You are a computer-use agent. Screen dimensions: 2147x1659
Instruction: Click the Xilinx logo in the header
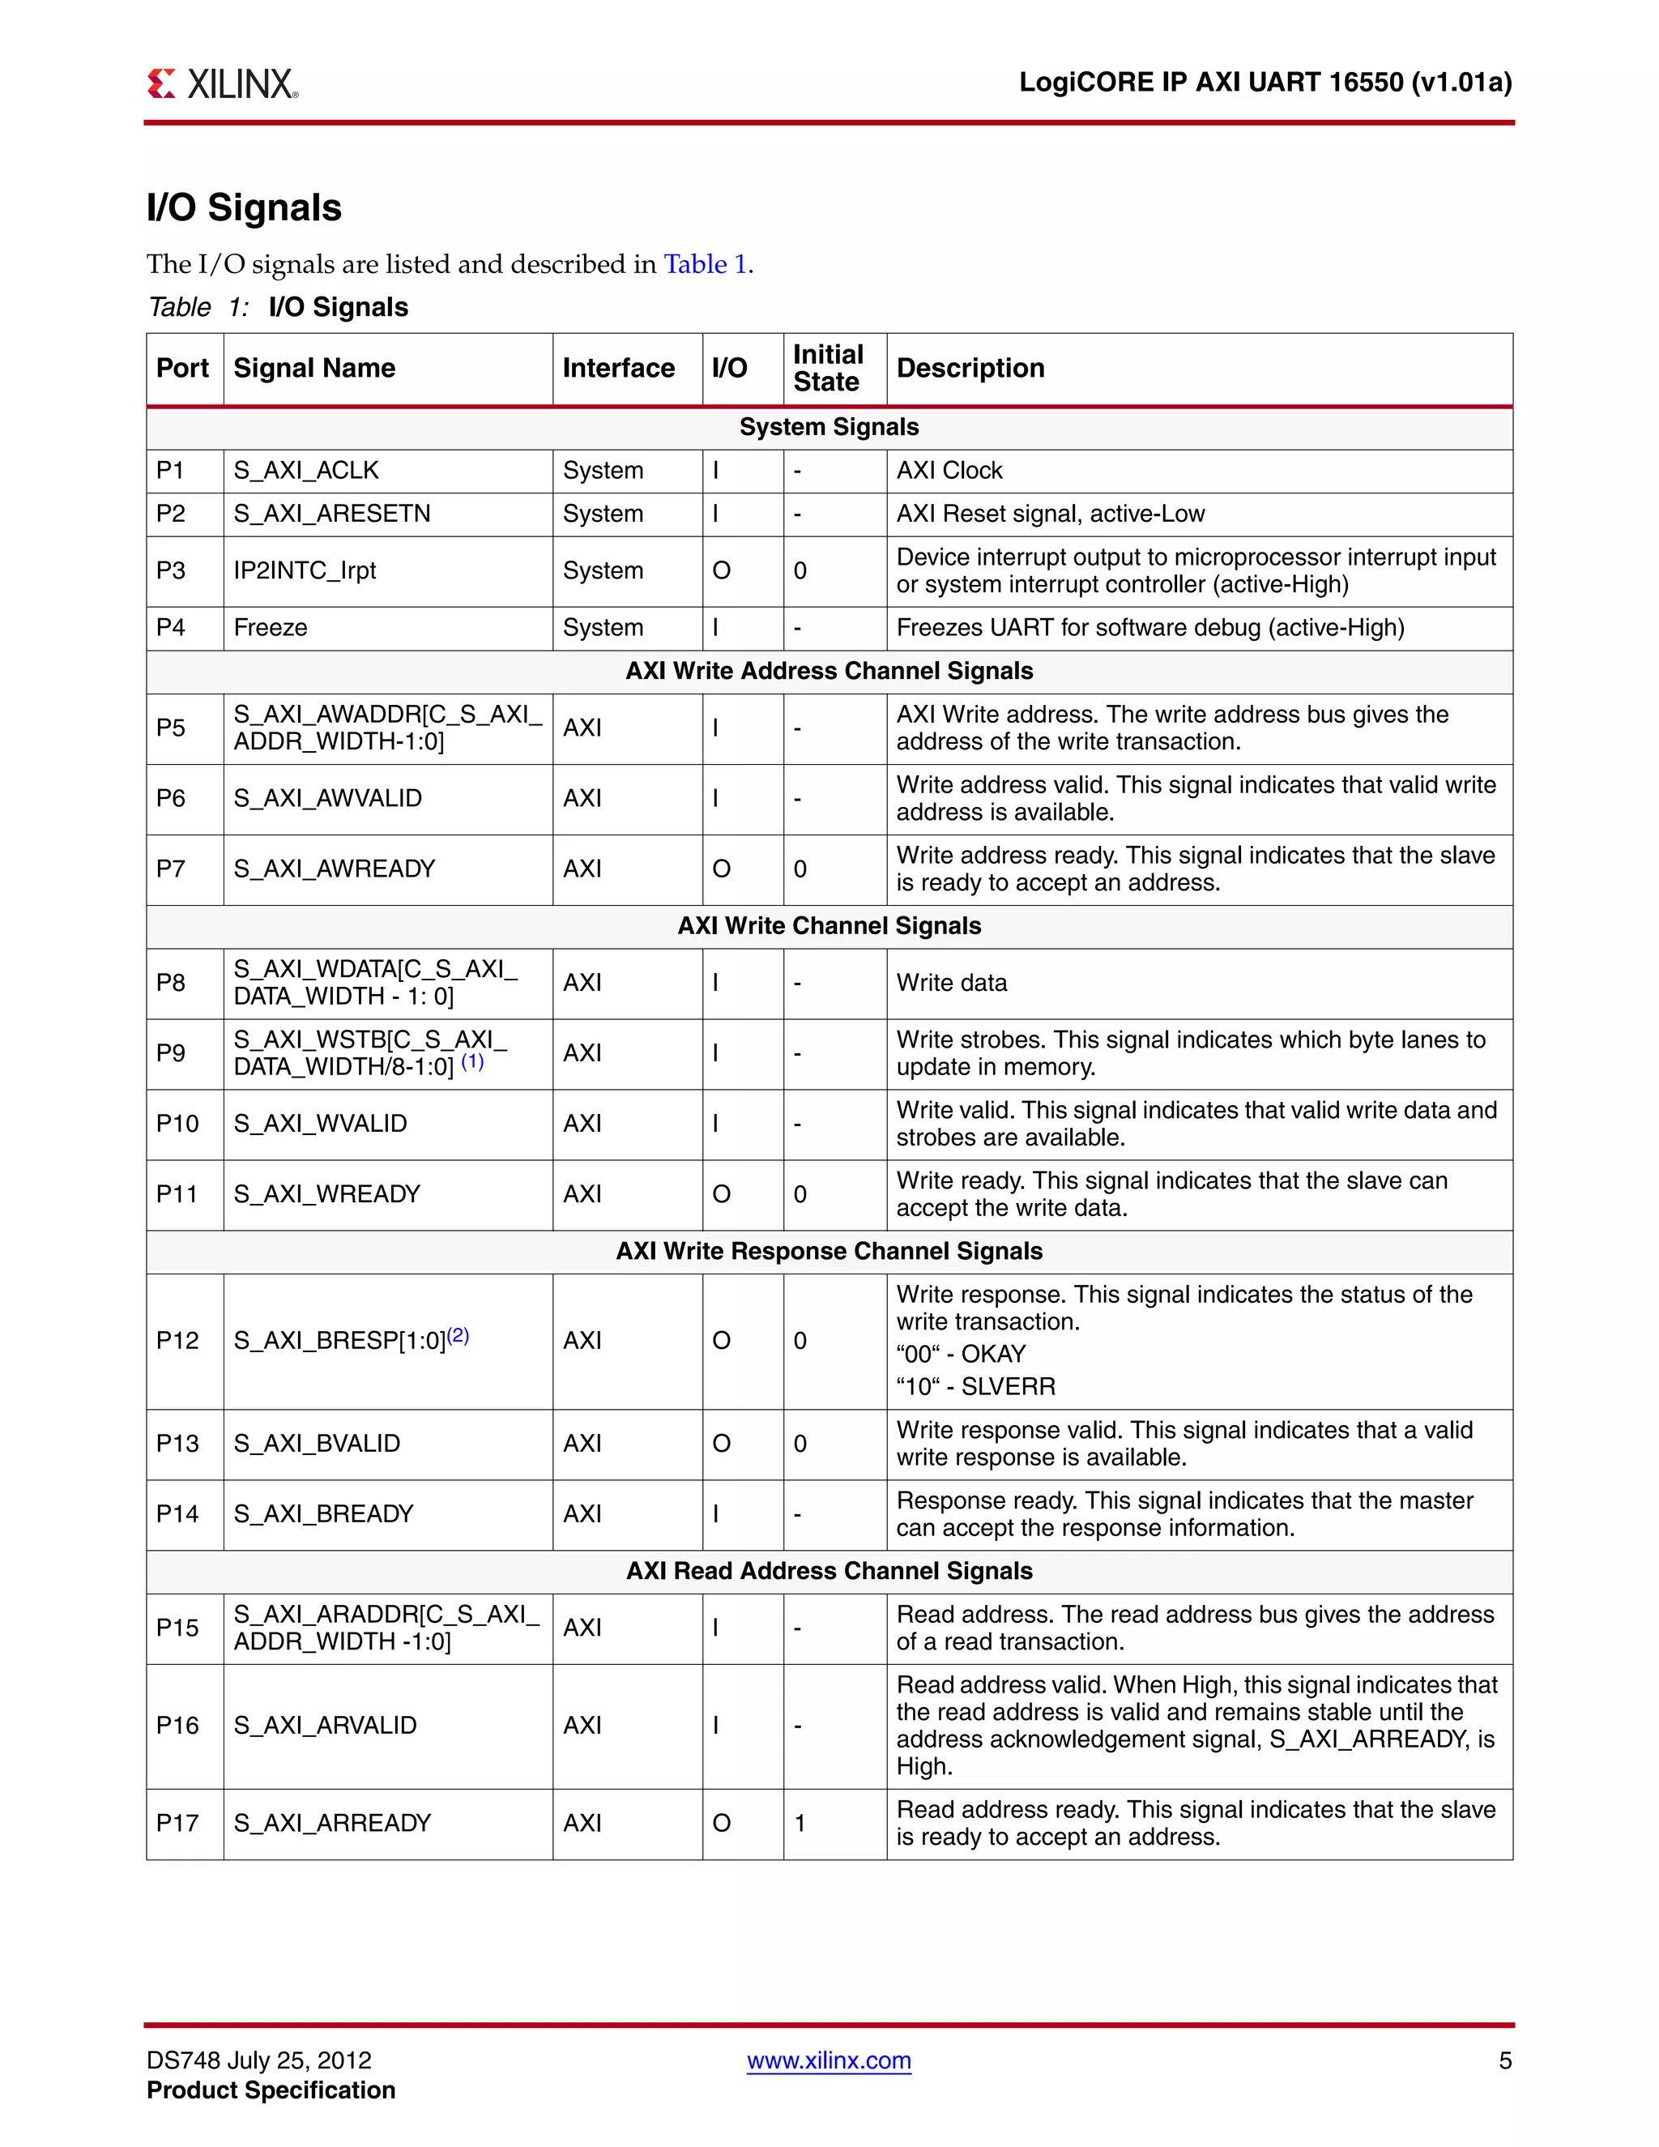point(222,83)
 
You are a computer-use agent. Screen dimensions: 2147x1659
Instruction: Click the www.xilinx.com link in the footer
point(829,2059)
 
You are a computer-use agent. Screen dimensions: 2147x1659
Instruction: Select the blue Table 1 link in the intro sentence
point(705,263)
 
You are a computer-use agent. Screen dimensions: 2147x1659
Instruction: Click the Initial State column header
point(828,368)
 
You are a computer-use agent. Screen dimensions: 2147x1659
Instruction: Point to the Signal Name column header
point(314,368)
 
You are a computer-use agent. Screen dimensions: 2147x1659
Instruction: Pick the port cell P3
point(171,570)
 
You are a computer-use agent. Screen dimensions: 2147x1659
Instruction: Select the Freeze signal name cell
point(271,627)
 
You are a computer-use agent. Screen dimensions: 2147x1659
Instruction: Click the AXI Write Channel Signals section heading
point(829,926)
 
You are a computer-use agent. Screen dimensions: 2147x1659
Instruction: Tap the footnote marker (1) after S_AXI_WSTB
point(473,1061)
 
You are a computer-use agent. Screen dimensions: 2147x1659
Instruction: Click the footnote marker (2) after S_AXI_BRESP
point(458,1335)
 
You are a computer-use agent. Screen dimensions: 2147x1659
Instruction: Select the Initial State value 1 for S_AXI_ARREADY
point(800,1823)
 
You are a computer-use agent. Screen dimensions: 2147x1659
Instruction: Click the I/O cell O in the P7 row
point(722,869)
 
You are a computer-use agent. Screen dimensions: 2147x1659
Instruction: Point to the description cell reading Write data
point(951,983)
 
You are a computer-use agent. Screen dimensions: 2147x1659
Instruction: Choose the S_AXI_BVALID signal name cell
point(317,1443)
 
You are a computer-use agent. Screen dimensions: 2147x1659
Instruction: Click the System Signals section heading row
point(829,427)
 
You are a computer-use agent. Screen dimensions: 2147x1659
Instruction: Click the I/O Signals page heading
point(244,207)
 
